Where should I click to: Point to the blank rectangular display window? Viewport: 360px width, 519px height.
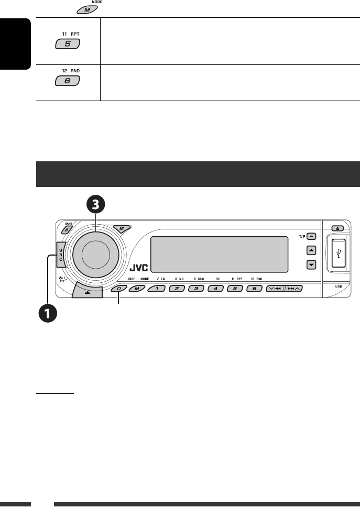[219, 255]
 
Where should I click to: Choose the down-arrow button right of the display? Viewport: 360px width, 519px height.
[312, 264]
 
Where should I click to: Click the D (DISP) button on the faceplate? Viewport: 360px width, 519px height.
[119, 289]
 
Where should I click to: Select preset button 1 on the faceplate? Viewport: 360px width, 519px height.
[157, 289]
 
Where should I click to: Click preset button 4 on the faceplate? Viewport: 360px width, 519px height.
[215, 289]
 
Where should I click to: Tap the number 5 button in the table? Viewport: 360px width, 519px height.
[67, 45]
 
